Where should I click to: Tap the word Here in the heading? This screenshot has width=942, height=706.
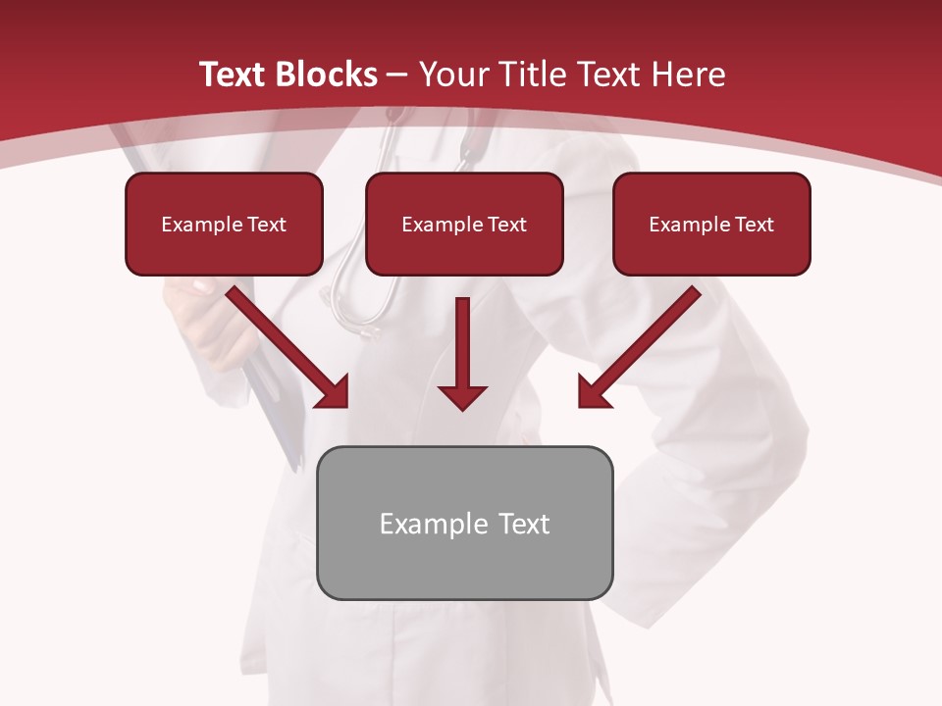pos(688,75)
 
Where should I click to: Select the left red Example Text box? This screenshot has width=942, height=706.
pos(224,224)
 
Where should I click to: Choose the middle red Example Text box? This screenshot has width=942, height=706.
pos(464,224)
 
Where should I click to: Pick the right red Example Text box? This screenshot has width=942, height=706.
pos(711,224)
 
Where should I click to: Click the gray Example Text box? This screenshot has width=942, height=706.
pos(464,523)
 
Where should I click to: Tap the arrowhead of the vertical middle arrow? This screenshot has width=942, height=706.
pos(462,395)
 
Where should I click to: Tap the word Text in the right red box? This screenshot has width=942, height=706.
pos(754,224)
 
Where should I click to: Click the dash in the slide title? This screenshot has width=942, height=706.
pos(396,75)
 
